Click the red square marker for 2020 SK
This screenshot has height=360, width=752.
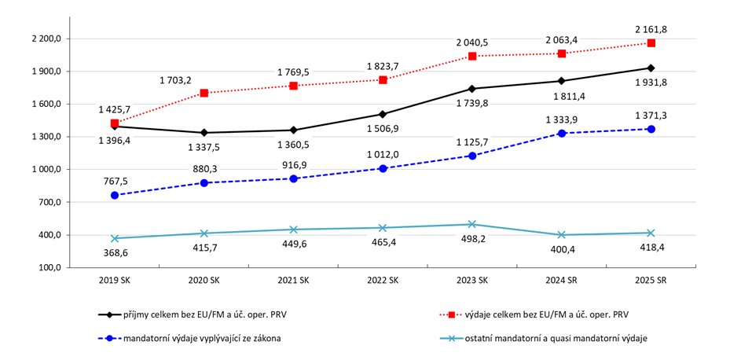click(204, 93)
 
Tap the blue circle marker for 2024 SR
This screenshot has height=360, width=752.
click(562, 134)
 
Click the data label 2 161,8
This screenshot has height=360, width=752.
click(651, 29)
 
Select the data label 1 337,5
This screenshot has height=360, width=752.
click(204, 146)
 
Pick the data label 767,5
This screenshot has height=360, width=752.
click(115, 180)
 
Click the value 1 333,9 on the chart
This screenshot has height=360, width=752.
click(562, 119)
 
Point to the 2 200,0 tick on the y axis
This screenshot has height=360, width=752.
click(44, 39)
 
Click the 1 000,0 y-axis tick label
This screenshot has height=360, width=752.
click(44, 170)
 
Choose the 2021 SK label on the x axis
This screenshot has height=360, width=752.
click(293, 281)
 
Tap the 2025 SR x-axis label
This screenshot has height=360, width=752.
click(651, 281)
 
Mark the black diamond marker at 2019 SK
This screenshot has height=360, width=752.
click(115, 127)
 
